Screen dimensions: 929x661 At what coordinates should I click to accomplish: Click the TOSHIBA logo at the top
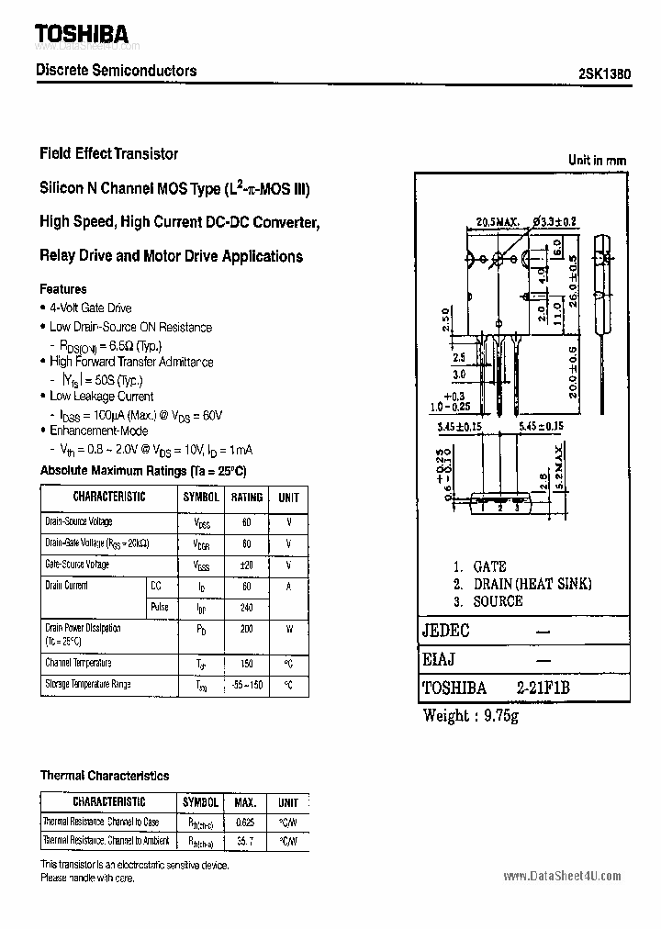pyautogui.click(x=82, y=34)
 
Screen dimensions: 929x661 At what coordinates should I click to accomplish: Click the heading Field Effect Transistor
pyautogui.click(x=109, y=153)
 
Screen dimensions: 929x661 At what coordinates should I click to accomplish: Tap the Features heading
pyautogui.click(x=63, y=289)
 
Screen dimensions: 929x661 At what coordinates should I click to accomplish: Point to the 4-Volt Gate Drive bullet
pyautogui.click(x=90, y=308)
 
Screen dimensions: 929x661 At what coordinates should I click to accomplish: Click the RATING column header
pyautogui.click(x=246, y=498)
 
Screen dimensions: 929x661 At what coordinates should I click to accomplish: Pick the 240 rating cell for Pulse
pyautogui.click(x=246, y=608)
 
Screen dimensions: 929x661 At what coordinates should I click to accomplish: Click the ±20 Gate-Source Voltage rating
pyautogui.click(x=246, y=565)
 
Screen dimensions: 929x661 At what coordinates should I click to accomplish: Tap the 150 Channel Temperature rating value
pyautogui.click(x=246, y=663)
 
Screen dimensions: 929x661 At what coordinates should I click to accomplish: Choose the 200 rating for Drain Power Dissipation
pyautogui.click(x=246, y=631)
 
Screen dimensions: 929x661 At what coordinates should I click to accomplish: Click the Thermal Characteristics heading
pyautogui.click(x=105, y=776)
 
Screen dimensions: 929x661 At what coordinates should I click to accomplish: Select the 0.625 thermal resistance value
pyautogui.click(x=245, y=822)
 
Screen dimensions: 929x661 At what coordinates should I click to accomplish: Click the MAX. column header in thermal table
pyautogui.click(x=245, y=801)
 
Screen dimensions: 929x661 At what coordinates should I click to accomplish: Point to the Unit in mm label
pyautogui.click(x=597, y=160)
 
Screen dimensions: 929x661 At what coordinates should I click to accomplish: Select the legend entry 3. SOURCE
pyautogui.click(x=487, y=600)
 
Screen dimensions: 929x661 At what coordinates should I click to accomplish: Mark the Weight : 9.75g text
pyautogui.click(x=471, y=715)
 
